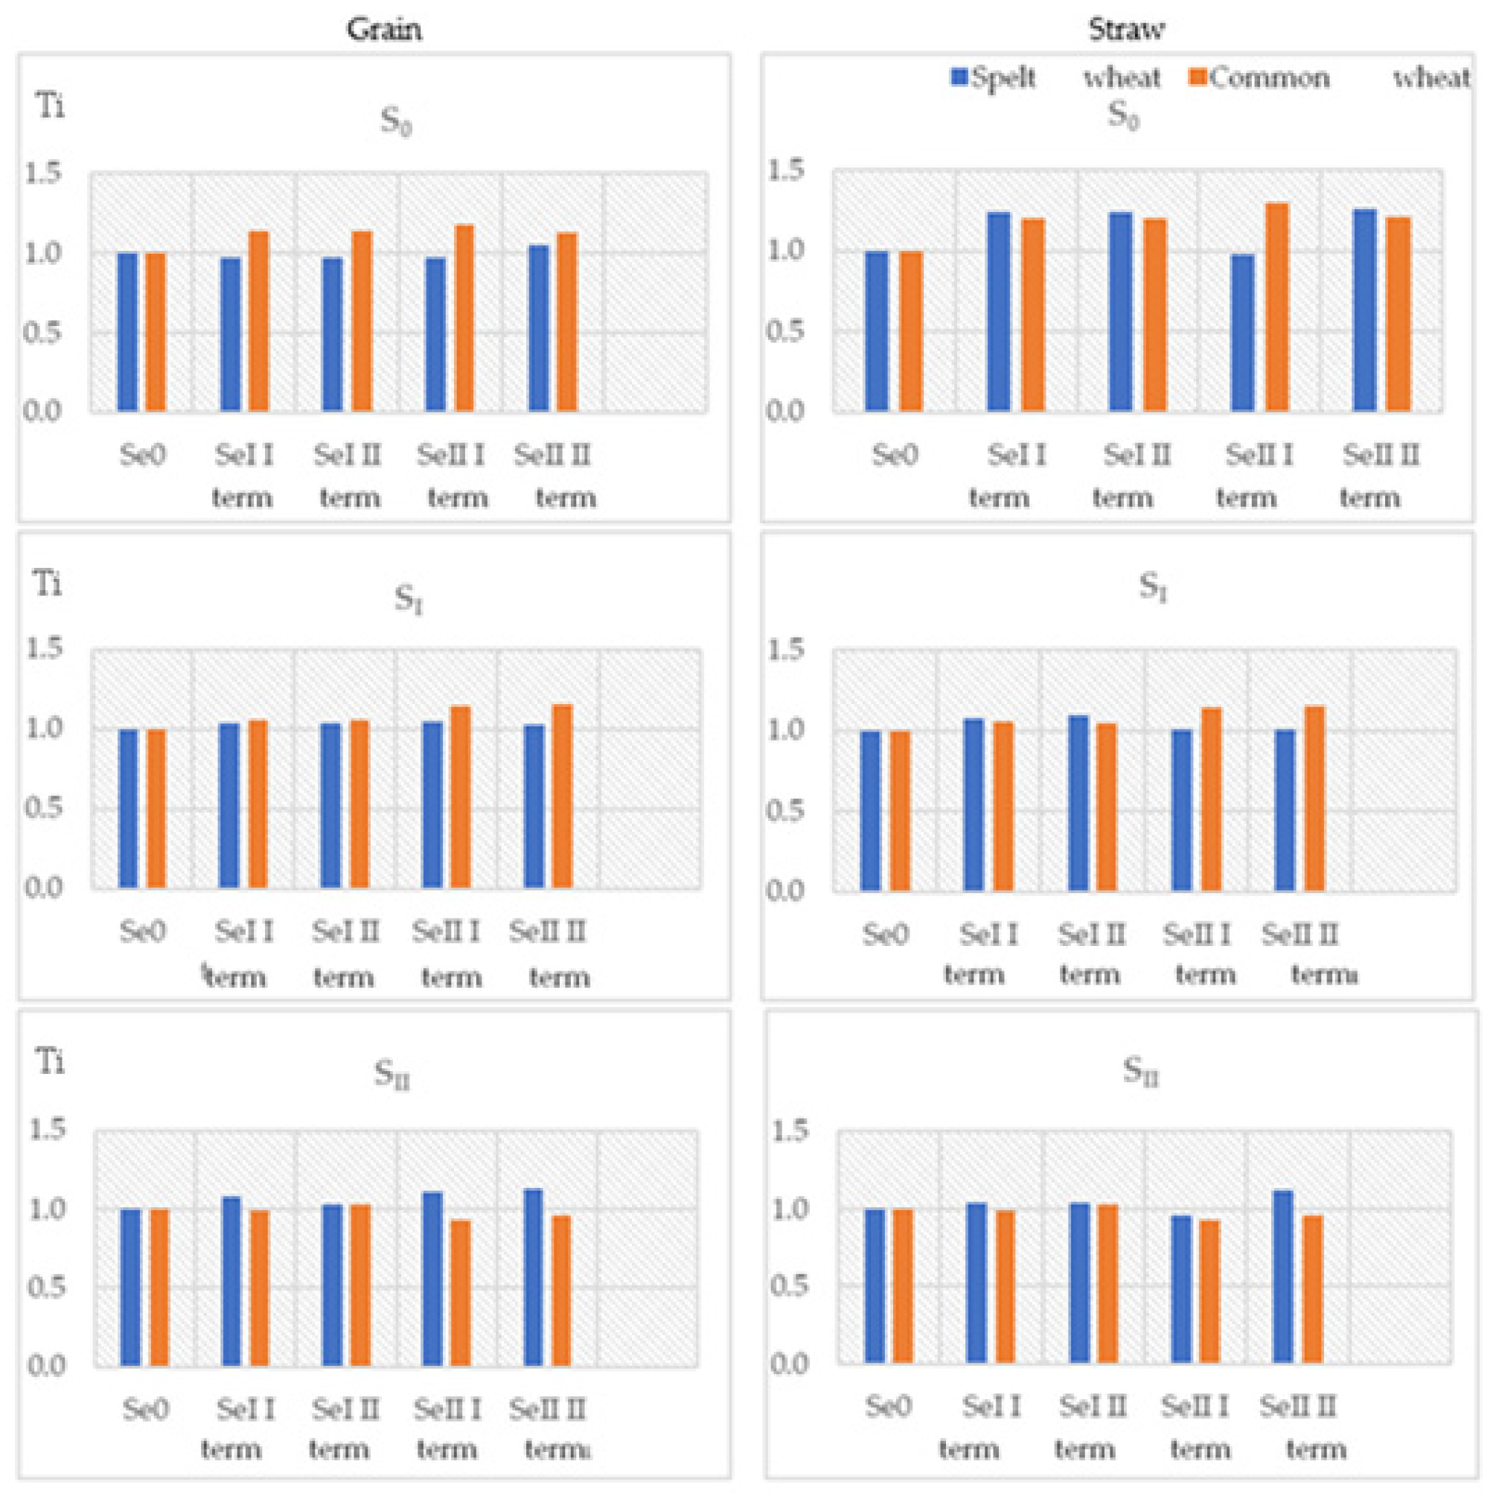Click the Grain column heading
[383, 30]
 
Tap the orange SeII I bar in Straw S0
[1277, 307]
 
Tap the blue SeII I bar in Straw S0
[1242, 333]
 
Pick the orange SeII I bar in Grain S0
[464, 318]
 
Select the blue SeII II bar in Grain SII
[533, 1278]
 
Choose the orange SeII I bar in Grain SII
[461, 1293]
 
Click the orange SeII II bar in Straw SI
[1315, 799]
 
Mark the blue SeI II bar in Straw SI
[1078, 803]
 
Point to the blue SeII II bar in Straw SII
[1283, 1277]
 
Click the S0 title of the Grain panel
[396, 122]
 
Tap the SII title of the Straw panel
[1140, 1073]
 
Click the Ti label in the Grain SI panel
[48, 584]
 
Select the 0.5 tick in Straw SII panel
[789, 1286]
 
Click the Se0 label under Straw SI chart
[886, 936]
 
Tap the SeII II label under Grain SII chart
[549, 1409]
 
